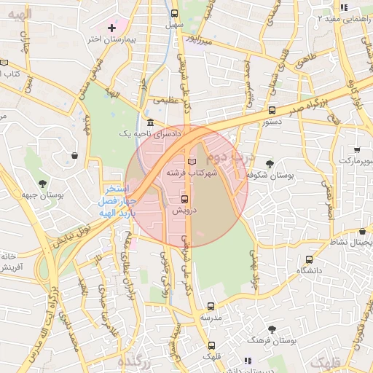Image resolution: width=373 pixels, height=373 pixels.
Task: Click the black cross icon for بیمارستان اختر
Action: tap(111, 28)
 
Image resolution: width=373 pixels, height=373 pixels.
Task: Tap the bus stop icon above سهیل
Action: tap(174, 13)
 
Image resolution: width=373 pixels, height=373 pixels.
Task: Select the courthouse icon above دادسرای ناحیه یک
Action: tap(149, 122)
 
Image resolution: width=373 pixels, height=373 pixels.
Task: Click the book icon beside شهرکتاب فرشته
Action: tap(192, 160)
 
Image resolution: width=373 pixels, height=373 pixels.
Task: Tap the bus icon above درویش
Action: tap(184, 198)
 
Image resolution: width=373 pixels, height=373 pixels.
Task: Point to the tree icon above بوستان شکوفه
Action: tap(270, 164)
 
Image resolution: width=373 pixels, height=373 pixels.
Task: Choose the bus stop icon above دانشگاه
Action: tap(310, 259)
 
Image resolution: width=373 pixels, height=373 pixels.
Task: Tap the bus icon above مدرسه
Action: tap(211, 307)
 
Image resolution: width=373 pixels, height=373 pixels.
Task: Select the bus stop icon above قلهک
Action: tap(211, 345)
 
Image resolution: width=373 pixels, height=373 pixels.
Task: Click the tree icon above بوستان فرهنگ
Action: tap(272, 329)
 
